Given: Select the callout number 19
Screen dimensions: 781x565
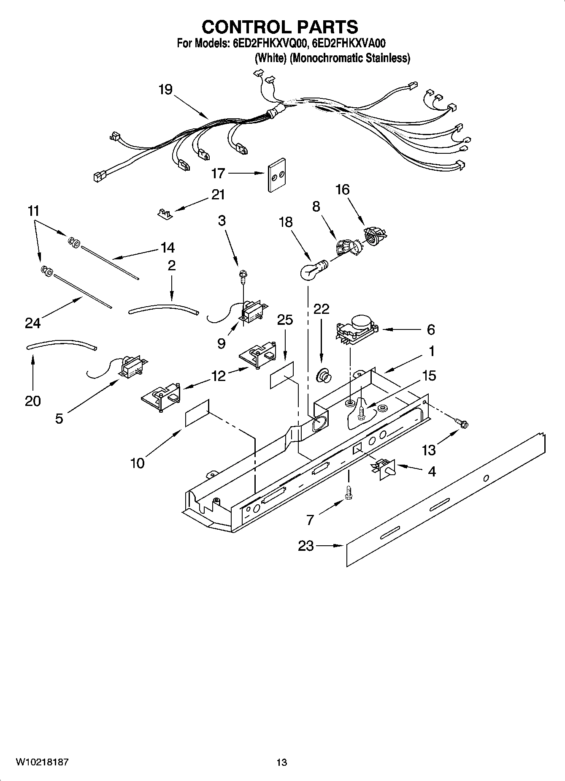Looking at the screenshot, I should [165, 90].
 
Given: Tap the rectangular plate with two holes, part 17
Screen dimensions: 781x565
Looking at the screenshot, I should [276, 175].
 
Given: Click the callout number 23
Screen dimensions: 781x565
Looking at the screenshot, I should [306, 546].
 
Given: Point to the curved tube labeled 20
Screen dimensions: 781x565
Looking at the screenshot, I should [61, 346].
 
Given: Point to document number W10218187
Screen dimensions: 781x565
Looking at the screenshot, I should [42, 762].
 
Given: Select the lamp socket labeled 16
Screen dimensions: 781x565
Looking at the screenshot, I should [373, 235].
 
